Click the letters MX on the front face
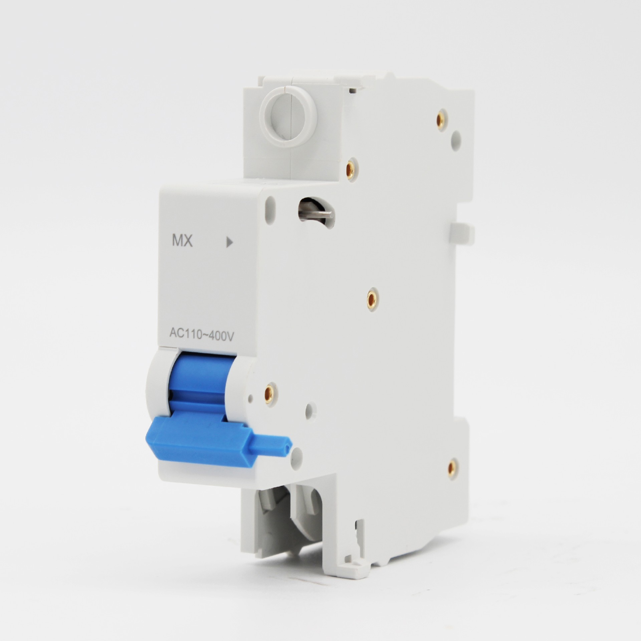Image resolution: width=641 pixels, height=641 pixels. [x=182, y=241]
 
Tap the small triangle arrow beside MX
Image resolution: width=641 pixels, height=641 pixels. [x=229, y=242]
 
